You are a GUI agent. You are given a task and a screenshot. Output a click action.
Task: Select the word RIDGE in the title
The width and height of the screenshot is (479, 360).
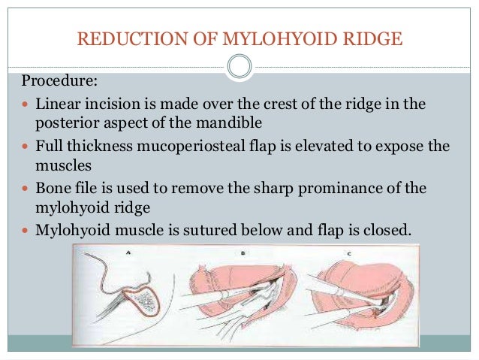pos(372,37)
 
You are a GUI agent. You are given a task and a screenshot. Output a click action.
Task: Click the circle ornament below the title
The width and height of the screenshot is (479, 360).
pos(239,67)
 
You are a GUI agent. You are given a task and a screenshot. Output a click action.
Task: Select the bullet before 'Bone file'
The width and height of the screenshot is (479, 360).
pos(26,188)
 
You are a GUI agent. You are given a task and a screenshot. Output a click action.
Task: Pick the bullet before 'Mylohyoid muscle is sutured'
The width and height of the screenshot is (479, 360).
pos(26,230)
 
